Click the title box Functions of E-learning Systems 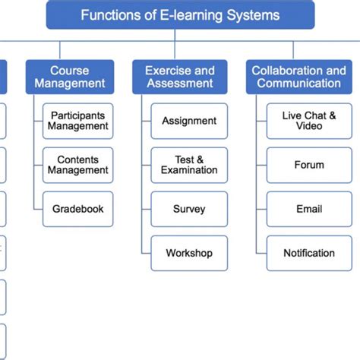(x=180, y=15)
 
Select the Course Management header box (x=70, y=77)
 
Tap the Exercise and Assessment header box (x=180, y=77)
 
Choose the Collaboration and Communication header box (x=298, y=77)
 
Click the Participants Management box (x=78, y=122)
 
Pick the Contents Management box (x=78, y=165)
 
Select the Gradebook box (x=78, y=208)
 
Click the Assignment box (x=189, y=122)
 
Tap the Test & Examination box (x=189, y=165)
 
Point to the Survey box (x=189, y=209)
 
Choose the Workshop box (x=189, y=253)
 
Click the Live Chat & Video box (x=308, y=122)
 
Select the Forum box (x=308, y=165)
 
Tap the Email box (x=308, y=209)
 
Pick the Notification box (x=308, y=253)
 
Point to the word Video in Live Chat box (x=309, y=127)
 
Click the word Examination (x=189, y=170)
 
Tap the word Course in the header (x=70, y=71)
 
